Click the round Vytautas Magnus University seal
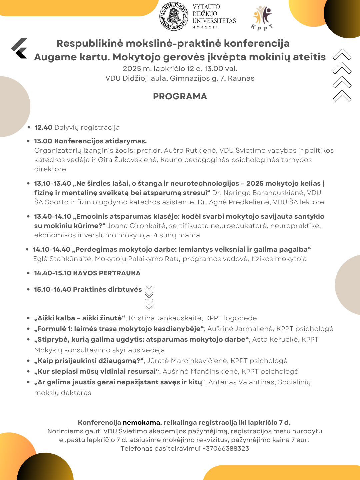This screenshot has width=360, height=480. point(174,16)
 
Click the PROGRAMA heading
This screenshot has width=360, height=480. point(180,96)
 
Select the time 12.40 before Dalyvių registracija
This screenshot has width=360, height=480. point(43,127)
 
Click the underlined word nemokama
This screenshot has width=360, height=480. point(141,422)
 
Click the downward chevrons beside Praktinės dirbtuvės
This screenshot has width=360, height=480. point(149,298)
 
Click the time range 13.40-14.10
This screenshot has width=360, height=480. point(53,216)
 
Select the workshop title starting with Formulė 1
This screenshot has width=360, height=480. point(119,329)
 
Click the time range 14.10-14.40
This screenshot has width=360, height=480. point(52,249)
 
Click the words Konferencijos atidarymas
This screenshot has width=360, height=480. point(100,141)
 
